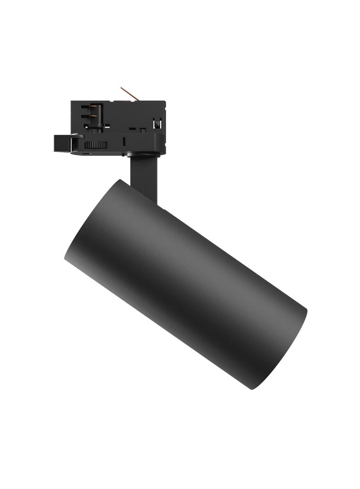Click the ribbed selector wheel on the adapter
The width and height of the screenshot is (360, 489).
point(96,144)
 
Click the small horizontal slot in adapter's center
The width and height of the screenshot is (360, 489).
point(133,130)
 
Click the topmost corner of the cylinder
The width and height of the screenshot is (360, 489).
point(120,179)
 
